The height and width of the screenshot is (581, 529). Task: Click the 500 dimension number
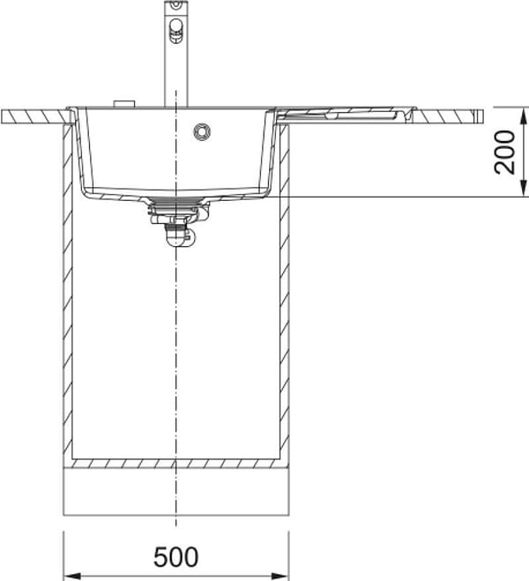(x=176, y=557)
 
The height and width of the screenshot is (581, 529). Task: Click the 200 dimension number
(x=505, y=152)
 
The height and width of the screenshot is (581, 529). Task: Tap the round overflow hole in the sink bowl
(x=202, y=131)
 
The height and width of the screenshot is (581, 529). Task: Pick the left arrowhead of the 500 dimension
(x=72, y=577)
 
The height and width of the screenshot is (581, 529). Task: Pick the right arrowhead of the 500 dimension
(x=280, y=577)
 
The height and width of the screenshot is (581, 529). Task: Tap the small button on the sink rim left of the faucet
(x=124, y=104)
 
